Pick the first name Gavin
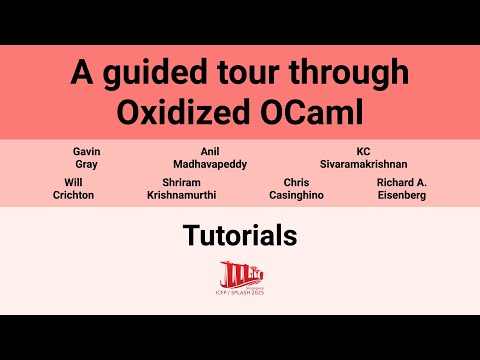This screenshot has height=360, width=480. [x=87, y=151]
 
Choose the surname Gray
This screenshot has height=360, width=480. [x=87, y=164]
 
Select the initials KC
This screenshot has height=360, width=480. [x=363, y=151]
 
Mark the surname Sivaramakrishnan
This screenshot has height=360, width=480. [x=363, y=164]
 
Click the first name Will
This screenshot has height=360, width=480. [x=73, y=183]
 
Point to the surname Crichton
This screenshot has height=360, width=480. [x=73, y=196]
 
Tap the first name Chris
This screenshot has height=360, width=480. [x=296, y=183]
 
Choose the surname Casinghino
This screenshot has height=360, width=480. [x=296, y=196]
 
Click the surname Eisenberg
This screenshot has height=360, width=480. [x=402, y=196]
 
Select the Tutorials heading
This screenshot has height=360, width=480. [x=240, y=236]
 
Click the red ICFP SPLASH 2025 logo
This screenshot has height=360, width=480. [x=240, y=277]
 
